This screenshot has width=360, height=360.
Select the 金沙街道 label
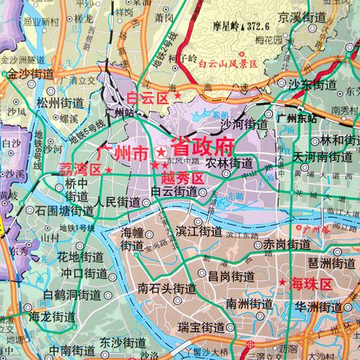coord(33,73)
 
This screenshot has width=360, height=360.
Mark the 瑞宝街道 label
coord(203,328)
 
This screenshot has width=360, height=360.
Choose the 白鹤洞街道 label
coord(71,294)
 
